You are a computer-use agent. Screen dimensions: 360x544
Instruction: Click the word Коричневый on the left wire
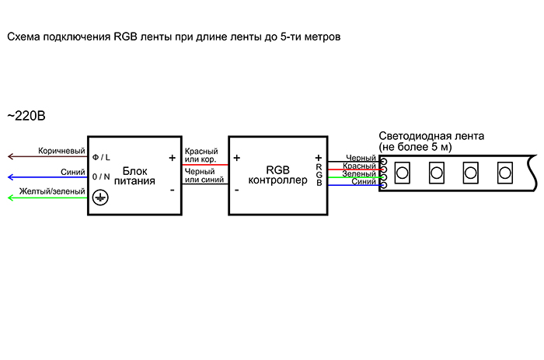pos(61,150)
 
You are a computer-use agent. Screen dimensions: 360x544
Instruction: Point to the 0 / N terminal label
pos(101,177)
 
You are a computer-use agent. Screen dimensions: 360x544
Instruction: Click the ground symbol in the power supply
pos(99,198)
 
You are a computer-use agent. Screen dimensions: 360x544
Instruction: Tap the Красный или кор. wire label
pos(201,155)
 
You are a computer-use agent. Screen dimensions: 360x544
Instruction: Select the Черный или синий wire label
pos(204,176)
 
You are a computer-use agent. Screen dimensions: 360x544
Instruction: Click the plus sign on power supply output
pos(172,157)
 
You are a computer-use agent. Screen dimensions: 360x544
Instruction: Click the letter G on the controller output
pos(319,175)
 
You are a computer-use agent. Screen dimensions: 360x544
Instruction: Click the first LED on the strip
pos(403,171)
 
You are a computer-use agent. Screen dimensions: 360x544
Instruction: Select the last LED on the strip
pos(504,171)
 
